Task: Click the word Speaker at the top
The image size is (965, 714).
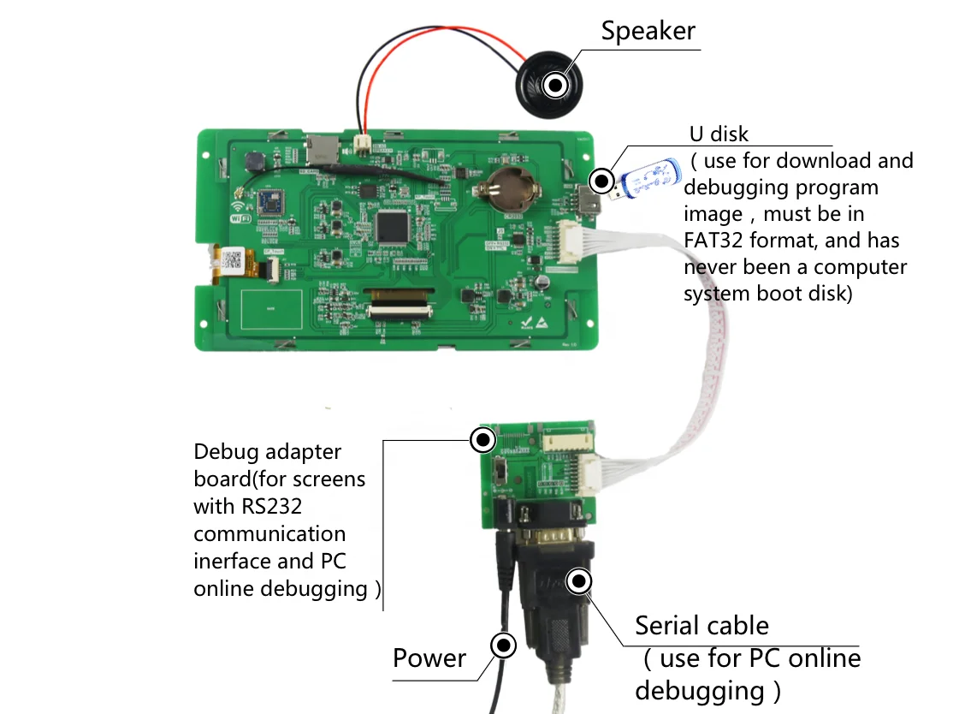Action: pos(648,31)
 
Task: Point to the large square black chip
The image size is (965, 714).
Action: pos(392,224)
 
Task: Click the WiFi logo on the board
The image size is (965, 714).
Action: pos(239,211)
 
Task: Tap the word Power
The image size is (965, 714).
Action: pos(429,658)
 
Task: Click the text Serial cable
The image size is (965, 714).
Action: pos(702,626)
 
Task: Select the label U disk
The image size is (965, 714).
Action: pos(719,134)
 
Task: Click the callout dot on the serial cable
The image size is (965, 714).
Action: pos(580,582)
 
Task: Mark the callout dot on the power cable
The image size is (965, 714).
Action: pos(503,646)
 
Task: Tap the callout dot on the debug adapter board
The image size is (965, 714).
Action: pos(483,441)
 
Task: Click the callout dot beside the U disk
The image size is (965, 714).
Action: pos(602,181)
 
